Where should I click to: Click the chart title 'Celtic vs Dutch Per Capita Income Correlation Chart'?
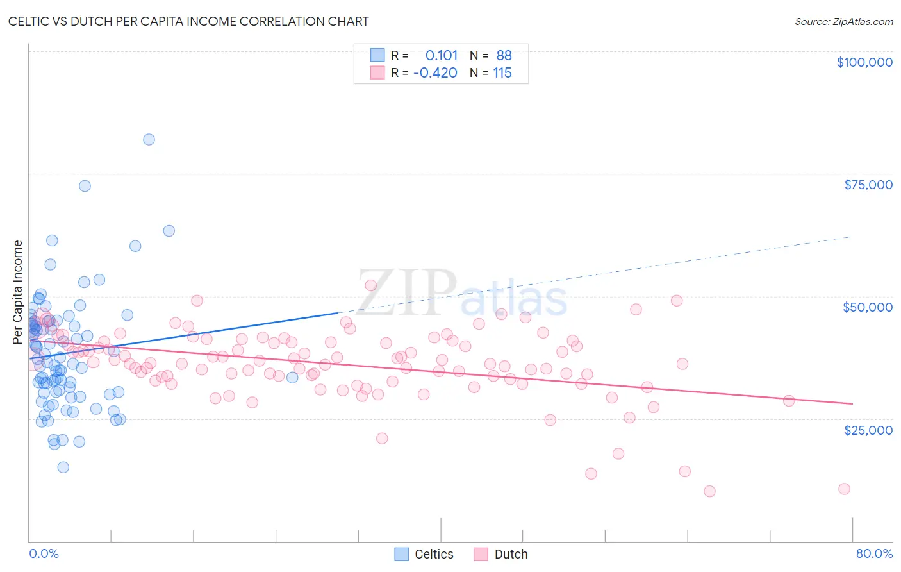188,21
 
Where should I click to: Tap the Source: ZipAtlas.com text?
843,22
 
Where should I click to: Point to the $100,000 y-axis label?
864,62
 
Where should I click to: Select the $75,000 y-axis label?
868,185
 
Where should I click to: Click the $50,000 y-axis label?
868,307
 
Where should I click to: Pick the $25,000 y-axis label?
868,430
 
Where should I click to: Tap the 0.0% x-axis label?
44,553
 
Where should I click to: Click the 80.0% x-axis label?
874,553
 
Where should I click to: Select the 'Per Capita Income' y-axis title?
18,292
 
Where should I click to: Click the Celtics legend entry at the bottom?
424,554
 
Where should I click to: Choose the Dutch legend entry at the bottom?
501,554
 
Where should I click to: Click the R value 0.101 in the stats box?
442,56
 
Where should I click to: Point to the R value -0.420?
435,73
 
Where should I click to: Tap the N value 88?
504,56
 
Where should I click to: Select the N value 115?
502,73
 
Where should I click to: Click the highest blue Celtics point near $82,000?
149,140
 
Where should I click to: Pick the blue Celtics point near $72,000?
85,186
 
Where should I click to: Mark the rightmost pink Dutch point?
844,489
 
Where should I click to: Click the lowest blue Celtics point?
63,467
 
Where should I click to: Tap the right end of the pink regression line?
852,403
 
